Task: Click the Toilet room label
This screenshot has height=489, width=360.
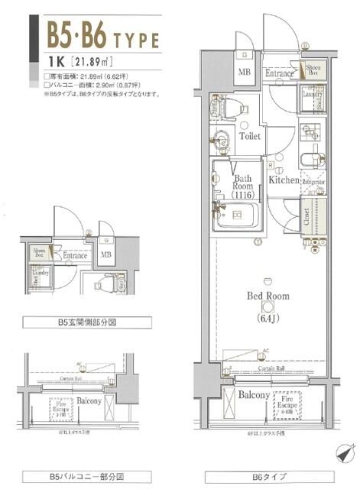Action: click(249, 136)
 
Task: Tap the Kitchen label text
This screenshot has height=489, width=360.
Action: click(283, 180)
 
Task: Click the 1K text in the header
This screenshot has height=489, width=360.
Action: click(56, 62)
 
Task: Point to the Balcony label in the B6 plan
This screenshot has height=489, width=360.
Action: click(252, 395)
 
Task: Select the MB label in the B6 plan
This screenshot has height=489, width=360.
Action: click(245, 72)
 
